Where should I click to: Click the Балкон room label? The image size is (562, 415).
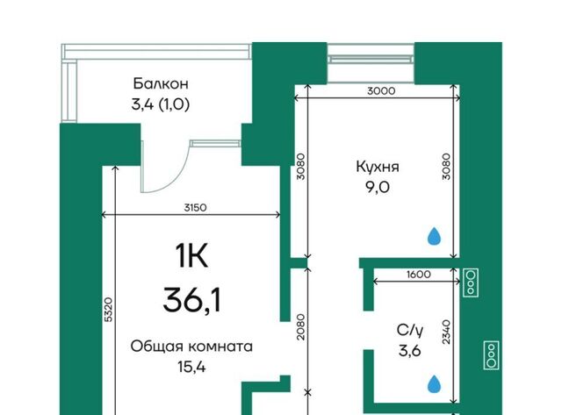161,83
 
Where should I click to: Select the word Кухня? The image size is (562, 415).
378,167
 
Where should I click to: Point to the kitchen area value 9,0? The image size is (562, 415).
378,187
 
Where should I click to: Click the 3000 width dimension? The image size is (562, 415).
381,91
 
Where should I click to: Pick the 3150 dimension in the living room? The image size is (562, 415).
195,208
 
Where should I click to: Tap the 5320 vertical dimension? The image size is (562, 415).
109,310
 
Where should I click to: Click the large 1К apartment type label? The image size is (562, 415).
191,255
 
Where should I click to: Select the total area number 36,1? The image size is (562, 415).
191,300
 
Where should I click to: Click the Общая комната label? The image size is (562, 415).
191,347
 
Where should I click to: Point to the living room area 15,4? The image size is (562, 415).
191,367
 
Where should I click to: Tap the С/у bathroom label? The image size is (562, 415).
410,330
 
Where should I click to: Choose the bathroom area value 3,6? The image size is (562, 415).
410,351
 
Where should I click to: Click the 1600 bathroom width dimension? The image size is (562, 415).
419,275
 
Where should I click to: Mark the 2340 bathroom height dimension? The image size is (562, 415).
446,333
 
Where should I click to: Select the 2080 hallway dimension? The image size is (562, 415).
301,326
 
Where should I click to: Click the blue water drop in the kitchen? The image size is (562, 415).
435,236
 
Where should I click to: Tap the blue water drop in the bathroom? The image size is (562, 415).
435,383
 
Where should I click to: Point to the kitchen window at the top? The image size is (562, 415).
371,54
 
